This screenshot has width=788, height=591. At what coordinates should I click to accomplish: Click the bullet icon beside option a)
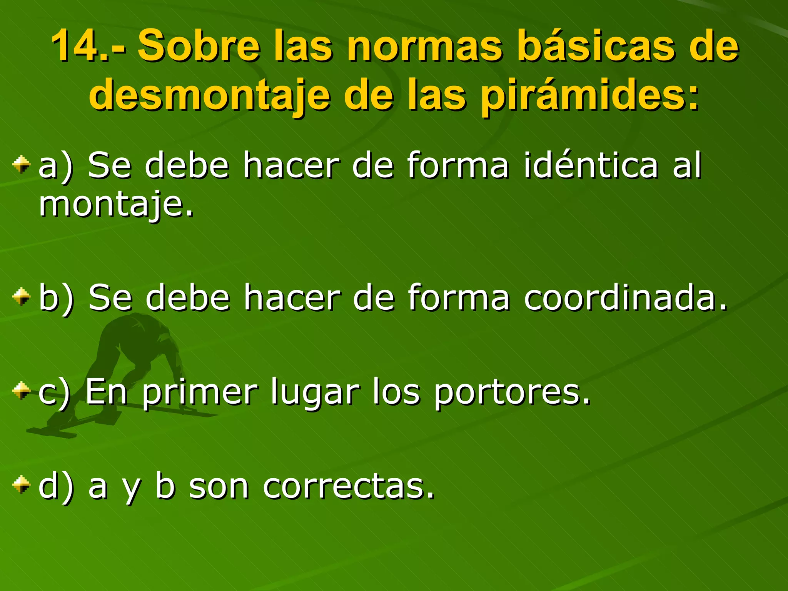click(21, 165)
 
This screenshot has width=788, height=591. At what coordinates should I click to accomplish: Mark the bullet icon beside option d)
click(21, 485)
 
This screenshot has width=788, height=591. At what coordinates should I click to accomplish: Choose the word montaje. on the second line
click(115, 205)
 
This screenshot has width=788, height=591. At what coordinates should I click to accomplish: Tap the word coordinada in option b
click(625, 297)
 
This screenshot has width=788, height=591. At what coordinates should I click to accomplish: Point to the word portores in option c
click(512, 392)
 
